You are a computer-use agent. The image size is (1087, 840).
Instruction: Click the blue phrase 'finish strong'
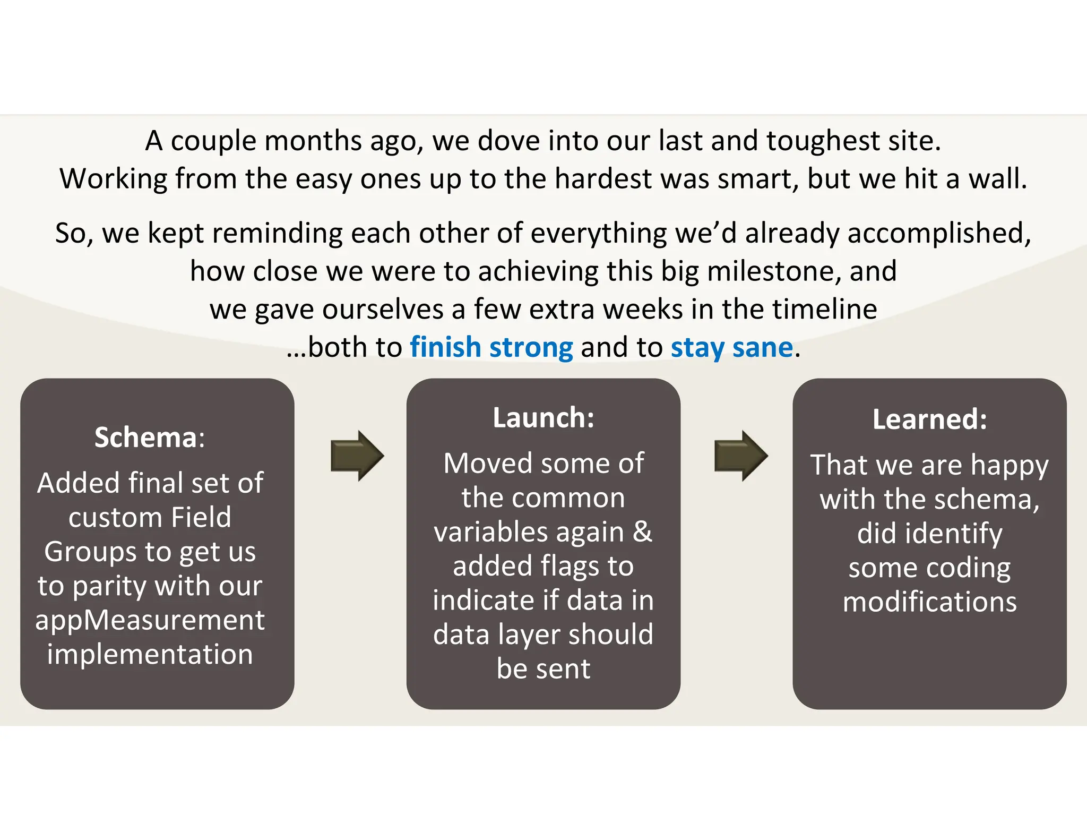491,348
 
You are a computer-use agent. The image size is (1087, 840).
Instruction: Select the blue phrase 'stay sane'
731,348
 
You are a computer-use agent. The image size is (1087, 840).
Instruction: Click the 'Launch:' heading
543,418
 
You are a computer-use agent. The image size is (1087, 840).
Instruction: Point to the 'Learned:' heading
929,419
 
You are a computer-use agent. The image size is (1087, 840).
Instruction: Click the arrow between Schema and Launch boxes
357,456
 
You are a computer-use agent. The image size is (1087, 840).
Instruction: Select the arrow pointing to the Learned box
740,456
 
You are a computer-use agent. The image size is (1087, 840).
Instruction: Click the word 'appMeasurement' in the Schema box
150,620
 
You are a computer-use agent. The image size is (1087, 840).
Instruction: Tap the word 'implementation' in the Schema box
150,654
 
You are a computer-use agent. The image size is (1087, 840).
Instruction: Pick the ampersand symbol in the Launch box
642,532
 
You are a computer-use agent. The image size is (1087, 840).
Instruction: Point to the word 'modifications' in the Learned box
929,602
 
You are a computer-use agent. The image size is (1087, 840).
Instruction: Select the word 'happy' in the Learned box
1009,466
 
